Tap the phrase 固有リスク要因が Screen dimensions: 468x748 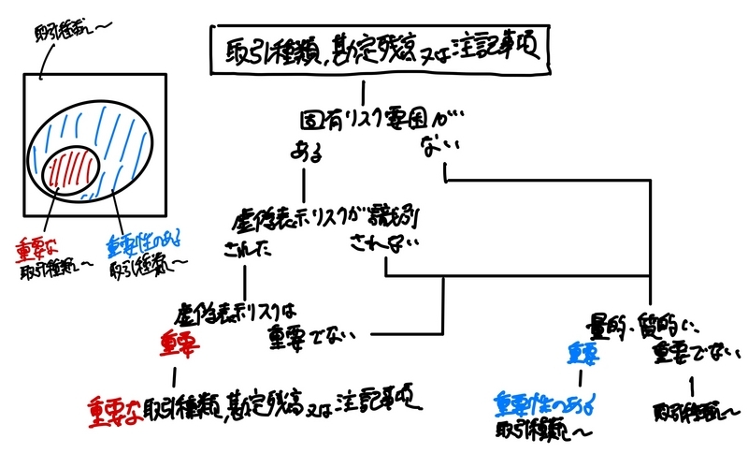375,123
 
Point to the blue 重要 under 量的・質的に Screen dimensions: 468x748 581,354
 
